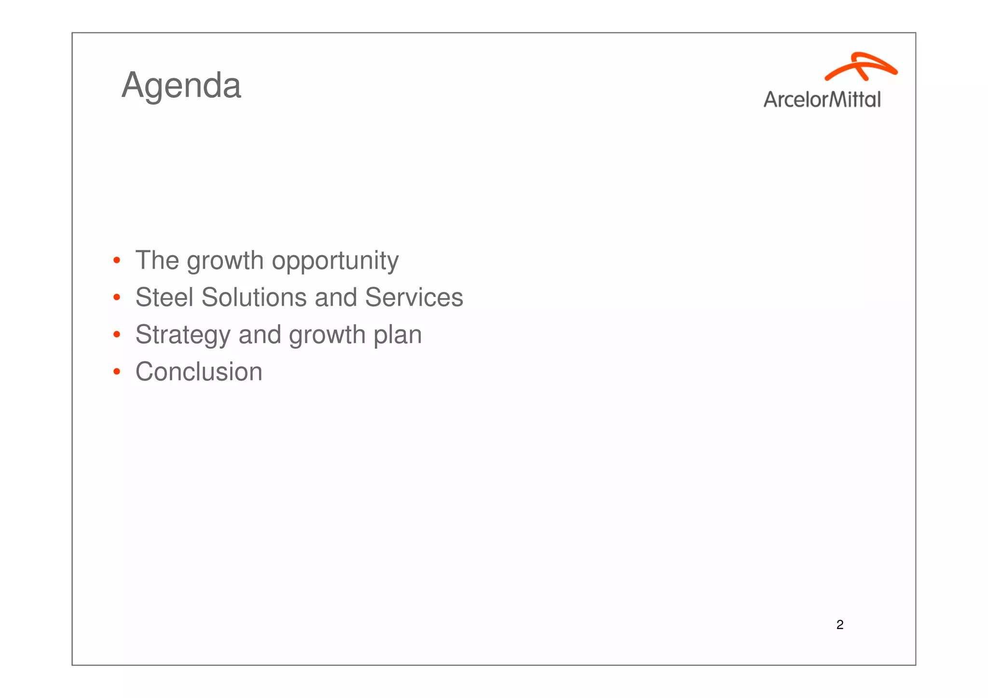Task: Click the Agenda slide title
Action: click(181, 85)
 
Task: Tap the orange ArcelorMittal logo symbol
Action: click(861, 66)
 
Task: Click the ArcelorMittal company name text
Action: click(822, 99)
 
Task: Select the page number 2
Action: click(840, 625)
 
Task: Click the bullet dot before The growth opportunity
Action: click(116, 261)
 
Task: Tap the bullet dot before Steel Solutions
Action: click(116, 298)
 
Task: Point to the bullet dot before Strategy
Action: click(116, 334)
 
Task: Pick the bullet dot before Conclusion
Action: click(116, 371)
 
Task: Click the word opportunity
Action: click(335, 261)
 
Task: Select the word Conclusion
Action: click(199, 371)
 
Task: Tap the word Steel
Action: click(164, 297)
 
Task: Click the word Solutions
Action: click(254, 297)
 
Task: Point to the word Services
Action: click(414, 297)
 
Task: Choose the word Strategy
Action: click(182, 335)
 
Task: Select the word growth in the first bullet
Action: click(225, 261)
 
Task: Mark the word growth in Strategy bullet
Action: click(327, 335)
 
